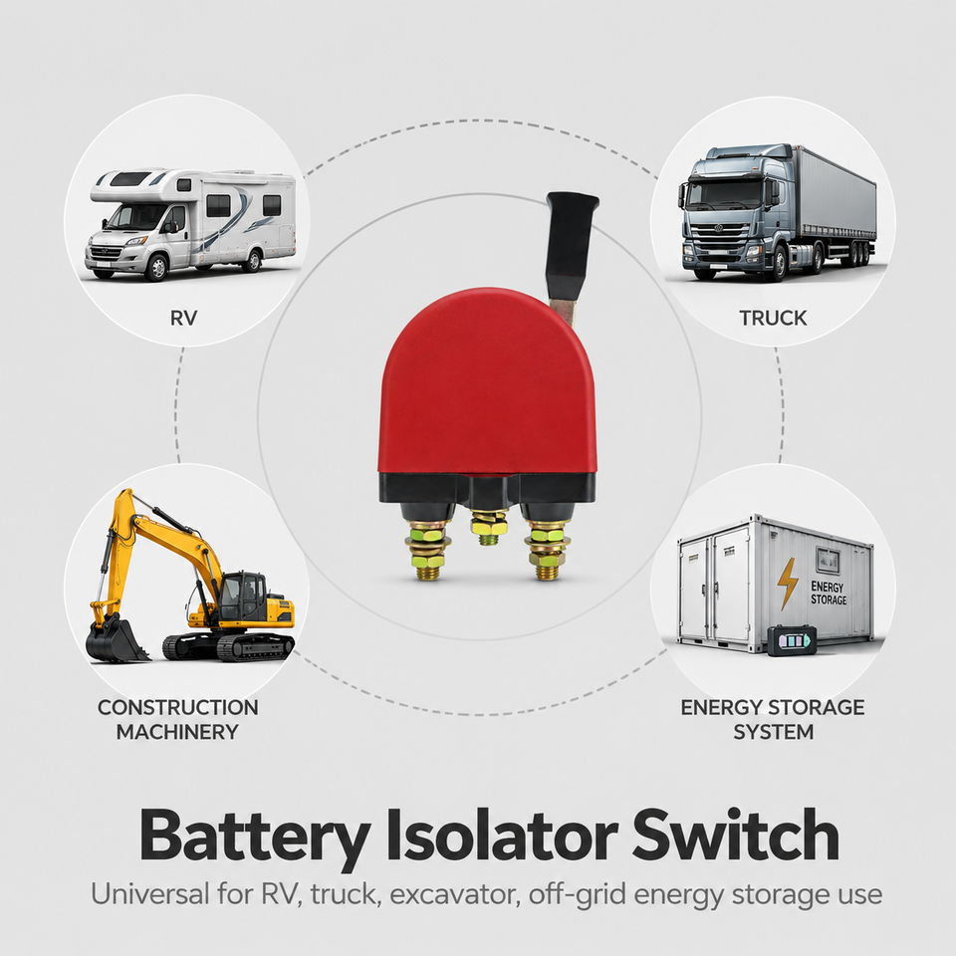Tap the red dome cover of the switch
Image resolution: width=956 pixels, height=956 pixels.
point(487,384)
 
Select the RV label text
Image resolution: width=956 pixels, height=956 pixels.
point(183,319)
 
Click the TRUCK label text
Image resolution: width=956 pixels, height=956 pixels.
point(773,319)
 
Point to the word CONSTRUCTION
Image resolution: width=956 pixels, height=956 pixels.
point(178,707)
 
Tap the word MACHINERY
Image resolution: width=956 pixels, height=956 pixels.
point(177,732)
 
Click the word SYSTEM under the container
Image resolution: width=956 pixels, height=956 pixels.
point(773,732)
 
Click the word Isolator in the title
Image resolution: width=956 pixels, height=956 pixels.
point(502,835)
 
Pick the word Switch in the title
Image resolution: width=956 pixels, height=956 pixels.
point(736,835)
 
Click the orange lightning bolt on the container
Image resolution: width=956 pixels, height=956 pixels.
point(787,584)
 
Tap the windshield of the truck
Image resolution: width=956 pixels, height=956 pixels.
point(725,195)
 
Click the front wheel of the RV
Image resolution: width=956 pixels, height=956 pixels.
point(157,267)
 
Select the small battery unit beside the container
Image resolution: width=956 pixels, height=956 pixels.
point(792,640)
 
